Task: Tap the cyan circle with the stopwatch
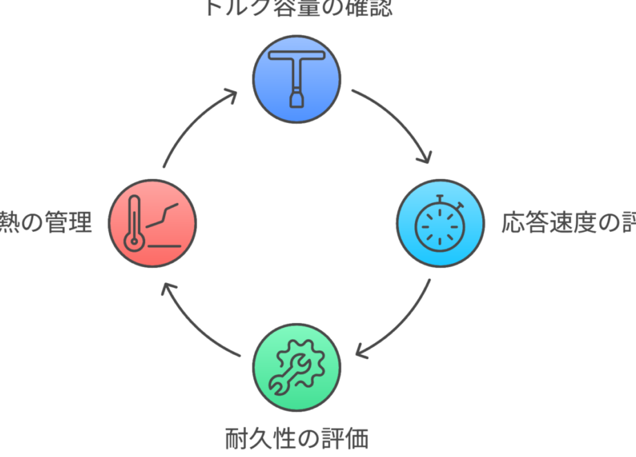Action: pyautogui.click(x=439, y=224)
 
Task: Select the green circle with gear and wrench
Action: pyautogui.click(x=296, y=369)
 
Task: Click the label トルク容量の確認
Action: pyautogui.click(x=297, y=8)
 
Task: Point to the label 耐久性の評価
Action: pyautogui.click(x=297, y=438)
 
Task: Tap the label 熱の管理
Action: pyautogui.click(x=46, y=224)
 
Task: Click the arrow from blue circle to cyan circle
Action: pyautogui.click(x=401, y=121)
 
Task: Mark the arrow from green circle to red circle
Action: pyautogui.click(x=193, y=324)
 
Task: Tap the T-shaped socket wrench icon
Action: pyautogui.click(x=296, y=76)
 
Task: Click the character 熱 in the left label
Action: pyautogui.click(x=8, y=224)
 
